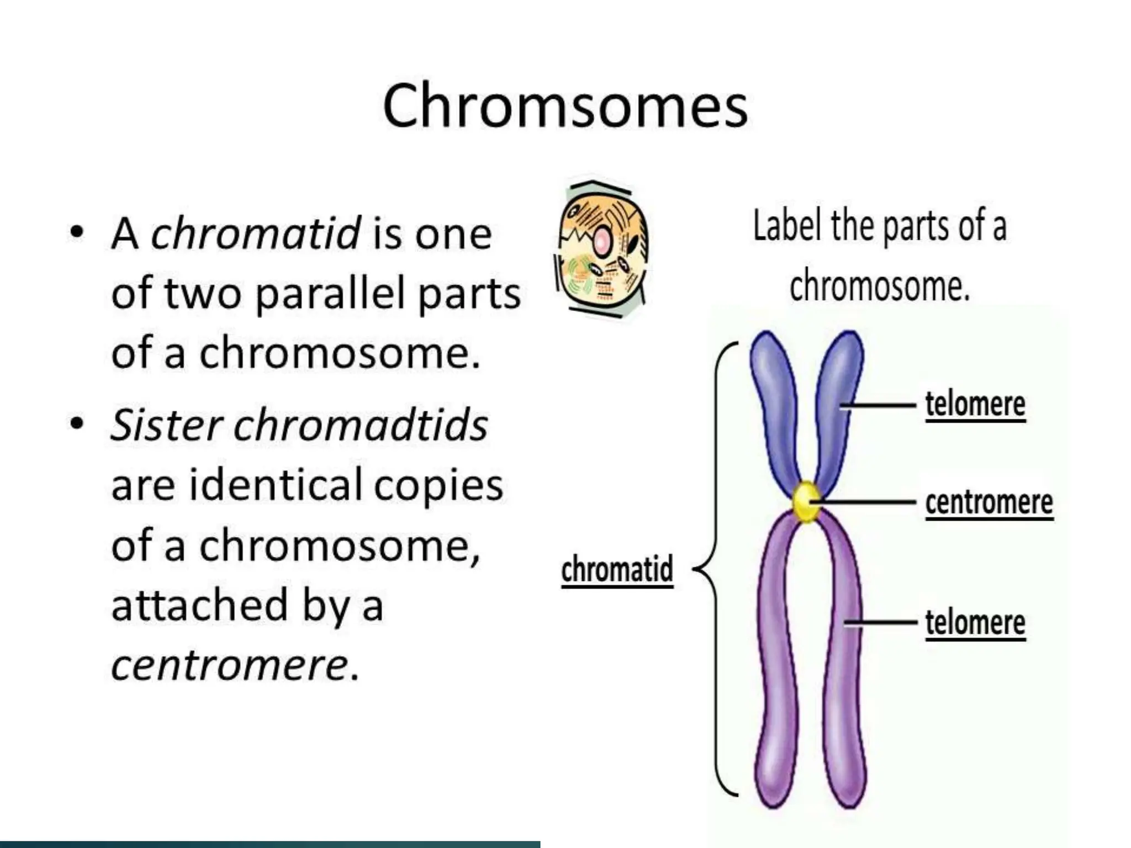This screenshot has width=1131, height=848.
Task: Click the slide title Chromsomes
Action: coord(564,106)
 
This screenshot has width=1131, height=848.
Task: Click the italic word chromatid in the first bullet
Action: coord(256,234)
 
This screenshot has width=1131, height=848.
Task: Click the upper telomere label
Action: coord(975,405)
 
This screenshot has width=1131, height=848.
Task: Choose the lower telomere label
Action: coord(975,623)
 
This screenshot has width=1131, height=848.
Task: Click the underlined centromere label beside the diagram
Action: coord(989,502)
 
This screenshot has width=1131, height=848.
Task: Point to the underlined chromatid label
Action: coord(617,569)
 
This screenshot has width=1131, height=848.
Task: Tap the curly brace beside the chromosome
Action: coord(716,569)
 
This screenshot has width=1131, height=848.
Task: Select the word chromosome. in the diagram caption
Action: coord(879,286)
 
